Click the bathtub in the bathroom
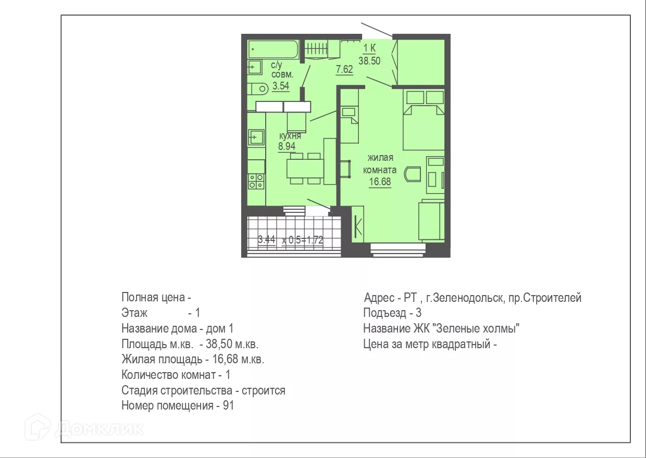(274, 49)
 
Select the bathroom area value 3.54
(281, 86)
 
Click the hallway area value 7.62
(344, 69)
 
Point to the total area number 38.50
(369, 61)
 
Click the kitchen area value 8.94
(287, 146)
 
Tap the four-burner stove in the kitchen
(256, 182)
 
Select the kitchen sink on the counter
(256, 137)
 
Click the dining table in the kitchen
(305, 168)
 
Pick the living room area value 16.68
(380, 182)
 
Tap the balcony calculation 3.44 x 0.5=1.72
(290, 239)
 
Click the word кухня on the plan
(290, 136)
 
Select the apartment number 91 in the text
(228, 405)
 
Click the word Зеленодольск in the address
(468, 298)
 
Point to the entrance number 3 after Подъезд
(418, 313)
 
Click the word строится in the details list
(263, 390)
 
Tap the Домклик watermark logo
(84, 427)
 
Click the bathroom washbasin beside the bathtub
(255, 67)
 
